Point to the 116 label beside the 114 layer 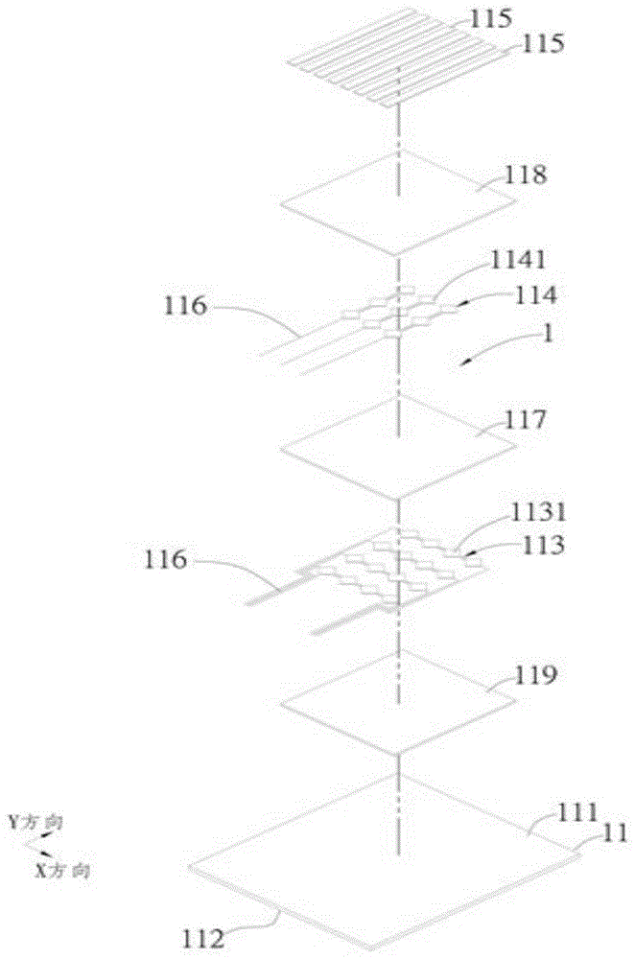pyautogui.click(x=185, y=307)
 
